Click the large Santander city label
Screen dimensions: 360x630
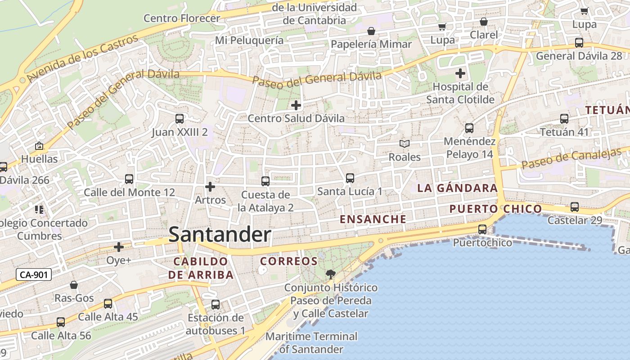[220, 235]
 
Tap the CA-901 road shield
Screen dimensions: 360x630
[34, 274]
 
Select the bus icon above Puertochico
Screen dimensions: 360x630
[482, 229]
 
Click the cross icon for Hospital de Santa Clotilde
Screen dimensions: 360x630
[460, 73]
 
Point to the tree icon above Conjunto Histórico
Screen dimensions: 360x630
[330, 274]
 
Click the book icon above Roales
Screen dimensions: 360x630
[405, 144]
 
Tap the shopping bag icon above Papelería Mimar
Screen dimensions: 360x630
[371, 31]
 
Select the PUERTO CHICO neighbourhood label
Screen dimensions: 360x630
[495, 209]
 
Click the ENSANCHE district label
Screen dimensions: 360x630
[373, 219]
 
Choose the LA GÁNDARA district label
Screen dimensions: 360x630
[457, 188]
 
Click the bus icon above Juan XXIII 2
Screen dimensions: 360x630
[179, 119]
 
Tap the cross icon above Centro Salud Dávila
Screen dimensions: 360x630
[296, 105]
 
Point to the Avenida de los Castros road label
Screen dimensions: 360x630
[82, 58]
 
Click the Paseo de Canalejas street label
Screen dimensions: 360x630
[571, 159]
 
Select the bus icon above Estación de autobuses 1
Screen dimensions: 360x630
[216, 305]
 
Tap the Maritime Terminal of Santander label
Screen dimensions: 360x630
[311, 342]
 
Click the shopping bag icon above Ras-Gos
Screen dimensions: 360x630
[74, 285]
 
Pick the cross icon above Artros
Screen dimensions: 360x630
[210, 186]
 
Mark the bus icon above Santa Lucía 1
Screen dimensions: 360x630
[350, 178]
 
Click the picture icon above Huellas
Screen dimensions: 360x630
[39, 146]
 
